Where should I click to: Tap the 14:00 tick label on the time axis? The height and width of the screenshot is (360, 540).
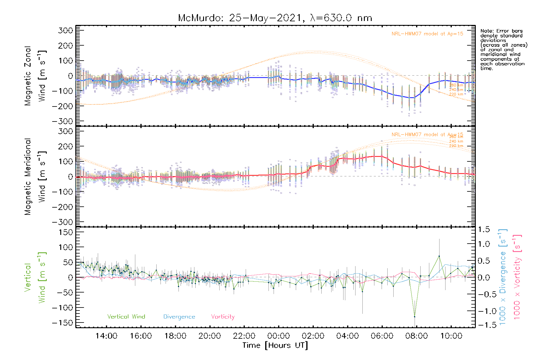[x=106, y=336]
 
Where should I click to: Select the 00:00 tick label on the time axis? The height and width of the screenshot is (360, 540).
[x=278, y=336]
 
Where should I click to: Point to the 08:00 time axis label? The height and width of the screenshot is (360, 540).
[x=416, y=336]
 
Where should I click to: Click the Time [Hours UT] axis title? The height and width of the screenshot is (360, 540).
[x=275, y=345]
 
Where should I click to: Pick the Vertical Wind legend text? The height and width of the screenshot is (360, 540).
[x=126, y=316]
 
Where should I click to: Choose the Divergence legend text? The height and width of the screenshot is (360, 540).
[x=179, y=316]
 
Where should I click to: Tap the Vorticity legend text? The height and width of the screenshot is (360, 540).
[x=223, y=316]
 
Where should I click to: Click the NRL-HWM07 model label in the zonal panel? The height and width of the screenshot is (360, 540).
[x=427, y=34]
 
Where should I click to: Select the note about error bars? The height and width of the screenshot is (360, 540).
[x=503, y=49]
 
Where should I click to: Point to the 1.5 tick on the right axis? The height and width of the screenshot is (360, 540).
[x=484, y=229]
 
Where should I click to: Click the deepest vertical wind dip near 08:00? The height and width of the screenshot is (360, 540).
[x=415, y=316]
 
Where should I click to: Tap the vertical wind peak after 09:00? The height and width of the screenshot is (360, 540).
[x=439, y=256]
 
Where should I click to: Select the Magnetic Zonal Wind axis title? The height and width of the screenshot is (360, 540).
[x=35, y=76]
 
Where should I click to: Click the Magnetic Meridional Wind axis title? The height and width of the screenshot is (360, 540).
[x=35, y=177]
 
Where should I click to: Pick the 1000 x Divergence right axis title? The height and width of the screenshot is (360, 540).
[x=502, y=277]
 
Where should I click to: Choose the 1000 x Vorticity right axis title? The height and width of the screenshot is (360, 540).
[x=517, y=277]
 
